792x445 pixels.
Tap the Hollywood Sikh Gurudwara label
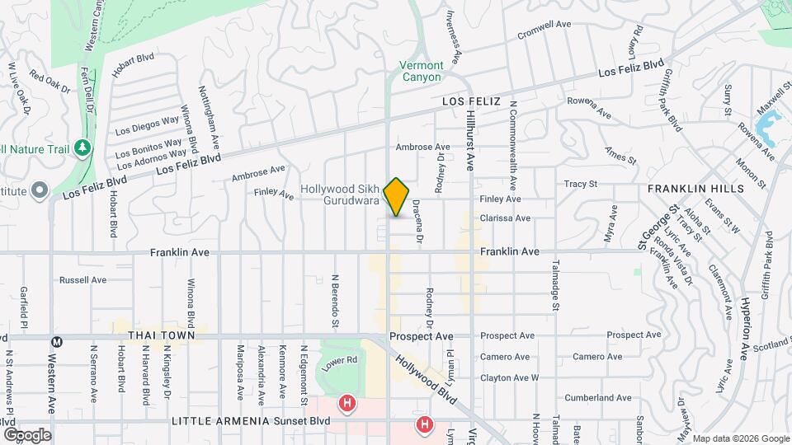tap(339, 194)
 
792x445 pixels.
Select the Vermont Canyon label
tap(422, 71)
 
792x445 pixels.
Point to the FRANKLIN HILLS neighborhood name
tap(695, 189)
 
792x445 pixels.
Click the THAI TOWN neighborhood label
tap(161, 336)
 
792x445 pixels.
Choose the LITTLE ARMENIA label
tap(220, 421)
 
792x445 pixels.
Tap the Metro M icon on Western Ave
tap(57, 342)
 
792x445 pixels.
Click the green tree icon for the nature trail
tap(82, 148)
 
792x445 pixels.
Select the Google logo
tap(26, 434)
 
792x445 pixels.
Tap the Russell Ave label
tap(83, 280)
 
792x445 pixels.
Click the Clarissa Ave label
tap(506, 218)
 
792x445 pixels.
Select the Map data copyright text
tap(740, 438)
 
